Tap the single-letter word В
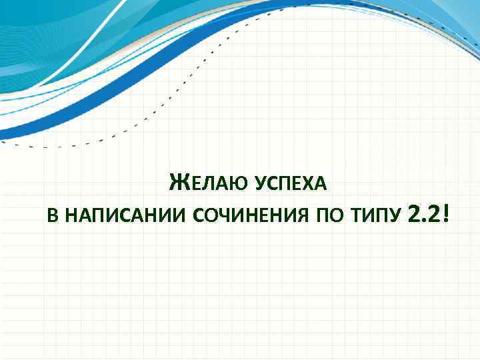53,217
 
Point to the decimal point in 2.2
423,221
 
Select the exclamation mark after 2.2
445,213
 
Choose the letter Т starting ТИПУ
360,217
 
